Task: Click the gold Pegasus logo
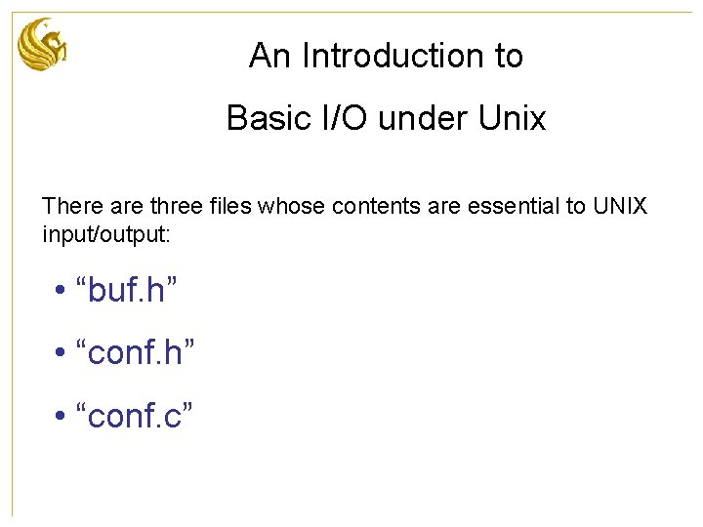click(43, 45)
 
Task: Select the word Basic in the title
click(264, 118)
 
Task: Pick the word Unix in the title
click(513, 118)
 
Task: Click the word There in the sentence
click(67, 207)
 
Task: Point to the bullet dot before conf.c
click(61, 417)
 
